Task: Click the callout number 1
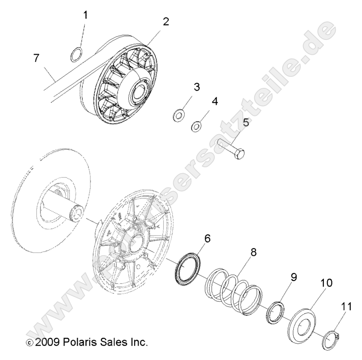85,15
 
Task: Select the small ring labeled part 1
76,54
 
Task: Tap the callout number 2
166,22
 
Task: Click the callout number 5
245,123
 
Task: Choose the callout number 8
253,252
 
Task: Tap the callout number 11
346,305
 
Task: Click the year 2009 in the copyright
49,342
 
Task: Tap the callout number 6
207,239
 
